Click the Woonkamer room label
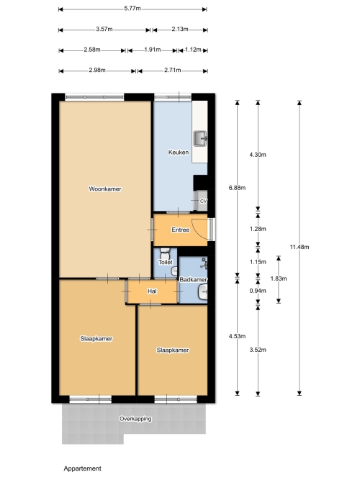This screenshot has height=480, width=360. (x=105, y=189)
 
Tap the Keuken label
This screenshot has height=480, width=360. (x=179, y=152)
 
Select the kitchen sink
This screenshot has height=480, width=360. (x=200, y=138)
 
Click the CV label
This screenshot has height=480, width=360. (x=204, y=201)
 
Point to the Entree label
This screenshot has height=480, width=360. (x=180, y=230)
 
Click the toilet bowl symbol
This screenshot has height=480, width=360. (x=165, y=253)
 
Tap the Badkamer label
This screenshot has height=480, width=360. (x=193, y=279)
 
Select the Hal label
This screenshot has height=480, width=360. (x=152, y=291)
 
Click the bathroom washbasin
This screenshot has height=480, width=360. (x=202, y=291)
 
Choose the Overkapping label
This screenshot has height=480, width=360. (x=135, y=419)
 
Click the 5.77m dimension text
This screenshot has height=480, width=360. (x=132, y=8)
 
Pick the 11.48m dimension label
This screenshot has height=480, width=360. (x=300, y=247)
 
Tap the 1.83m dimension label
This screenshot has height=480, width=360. (x=279, y=279)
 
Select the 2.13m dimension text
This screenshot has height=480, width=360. (x=180, y=29)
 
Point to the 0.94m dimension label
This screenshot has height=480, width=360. (x=258, y=291)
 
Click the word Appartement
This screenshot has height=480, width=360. (x=82, y=468)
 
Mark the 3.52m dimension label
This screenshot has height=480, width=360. (x=258, y=350)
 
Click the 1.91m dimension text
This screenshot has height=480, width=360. (x=153, y=50)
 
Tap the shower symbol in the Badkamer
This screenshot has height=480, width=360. (x=204, y=263)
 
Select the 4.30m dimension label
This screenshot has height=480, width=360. (x=258, y=155)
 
